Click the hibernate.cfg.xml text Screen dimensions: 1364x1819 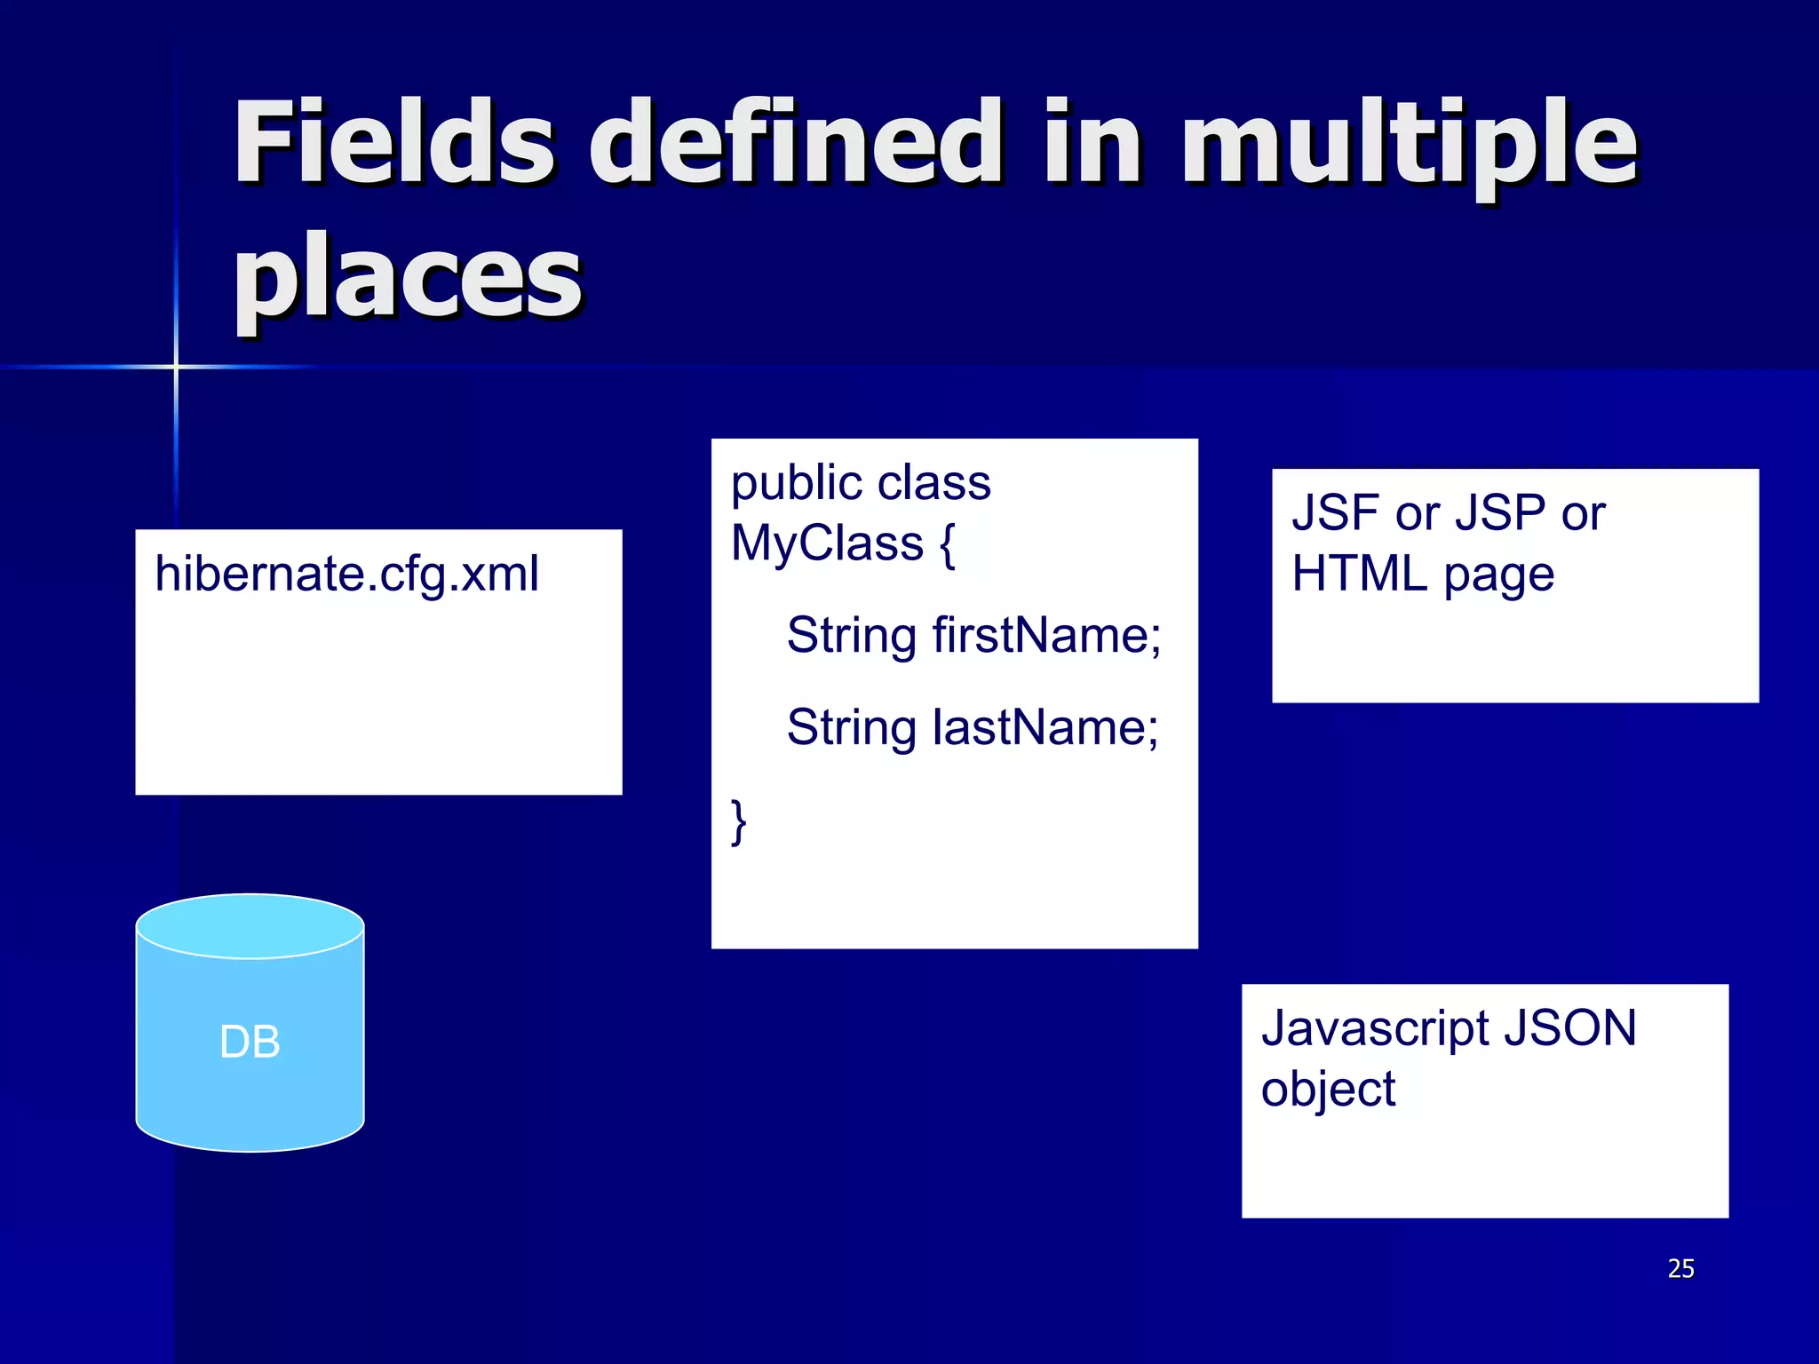tap(346, 574)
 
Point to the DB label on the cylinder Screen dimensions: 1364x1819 tap(250, 1042)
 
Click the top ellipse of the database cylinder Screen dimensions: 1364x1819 tap(250, 926)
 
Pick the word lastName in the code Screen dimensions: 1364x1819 tap(1045, 728)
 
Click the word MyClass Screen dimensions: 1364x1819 tap(827, 543)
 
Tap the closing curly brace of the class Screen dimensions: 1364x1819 tap(738, 821)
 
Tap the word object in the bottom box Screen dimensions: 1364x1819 tap(1328, 1090)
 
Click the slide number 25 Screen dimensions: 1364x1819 tap(1680, 1268)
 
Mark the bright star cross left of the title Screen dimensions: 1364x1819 tap(176, 366)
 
